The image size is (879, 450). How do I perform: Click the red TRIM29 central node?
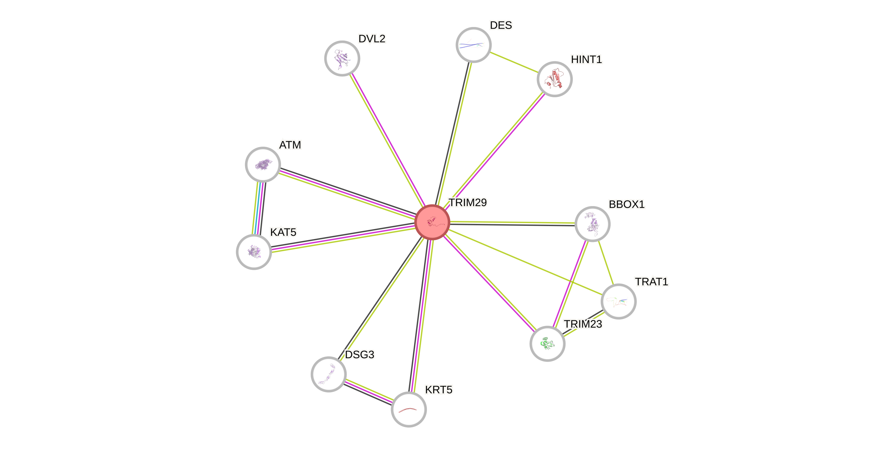click(x=432, y=222)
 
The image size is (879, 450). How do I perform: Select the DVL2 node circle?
click(x=342, y=58)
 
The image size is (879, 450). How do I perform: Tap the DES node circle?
click(x=473, y=45)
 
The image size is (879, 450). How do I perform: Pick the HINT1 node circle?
click(x=554, y=79)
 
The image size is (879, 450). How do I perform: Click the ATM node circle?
click(x=263, y=164)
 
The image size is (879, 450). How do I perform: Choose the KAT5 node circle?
click(x=254, y=252)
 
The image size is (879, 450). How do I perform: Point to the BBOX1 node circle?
click(x=592, y=224)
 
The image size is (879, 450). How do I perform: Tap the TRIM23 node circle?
click(x=547, y=344)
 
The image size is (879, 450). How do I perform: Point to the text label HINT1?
click(x=586, y=60)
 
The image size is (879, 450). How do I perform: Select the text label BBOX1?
click(x=627, y=204)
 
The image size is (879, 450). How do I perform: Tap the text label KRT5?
click(x=439, y=389)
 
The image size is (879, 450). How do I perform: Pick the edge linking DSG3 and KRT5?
click(x=369, y=392)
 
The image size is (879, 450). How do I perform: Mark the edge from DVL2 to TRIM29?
click(x=387, y=140)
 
